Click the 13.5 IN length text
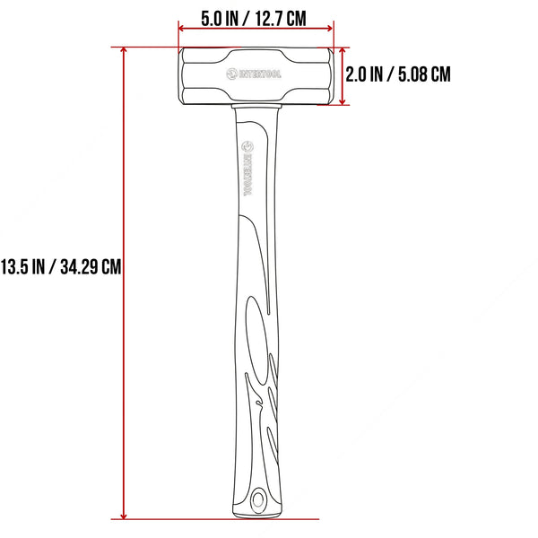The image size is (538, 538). pos(25,266)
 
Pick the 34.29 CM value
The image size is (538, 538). pos(88,266)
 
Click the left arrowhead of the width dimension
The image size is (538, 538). pos(183,27)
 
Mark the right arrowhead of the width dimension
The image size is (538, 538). pos(331,27)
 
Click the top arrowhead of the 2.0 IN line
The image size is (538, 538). pos(343,51)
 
